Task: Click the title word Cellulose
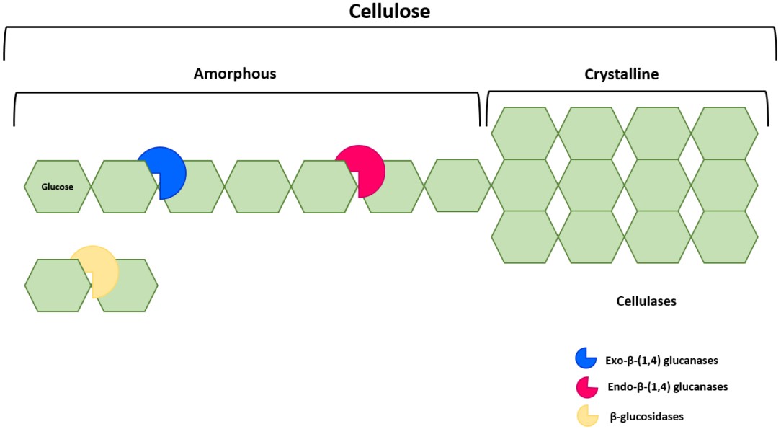[390, 12]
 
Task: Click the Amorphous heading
[235, 74]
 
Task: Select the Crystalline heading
[621, 74]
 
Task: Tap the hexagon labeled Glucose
[58, 187]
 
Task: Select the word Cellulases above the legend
[646, 301]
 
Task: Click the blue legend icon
[585, 358]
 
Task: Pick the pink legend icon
[585, 386]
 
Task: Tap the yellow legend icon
[585, 416]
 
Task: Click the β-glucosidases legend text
[646, 416]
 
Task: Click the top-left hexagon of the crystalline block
[524, 133]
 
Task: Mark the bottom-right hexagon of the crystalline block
[724, 236]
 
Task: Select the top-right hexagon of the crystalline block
[724, 133]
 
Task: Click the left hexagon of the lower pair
[58, 286]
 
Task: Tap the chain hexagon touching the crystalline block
[457, 185]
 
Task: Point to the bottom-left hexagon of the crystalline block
[524, 236]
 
